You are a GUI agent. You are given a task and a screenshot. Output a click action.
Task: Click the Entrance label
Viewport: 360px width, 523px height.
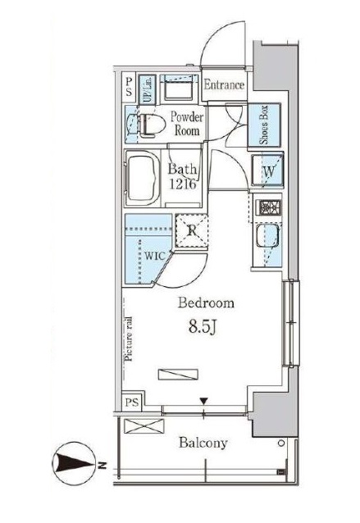click(x=224, y=84)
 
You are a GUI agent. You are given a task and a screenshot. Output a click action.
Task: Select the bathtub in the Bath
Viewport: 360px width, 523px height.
click(x=143, y=179)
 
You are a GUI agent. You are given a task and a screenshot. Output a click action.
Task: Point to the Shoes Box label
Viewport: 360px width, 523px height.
click(x=265, y=125)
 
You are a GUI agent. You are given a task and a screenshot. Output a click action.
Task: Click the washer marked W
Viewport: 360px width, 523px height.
click(x=267, y=170)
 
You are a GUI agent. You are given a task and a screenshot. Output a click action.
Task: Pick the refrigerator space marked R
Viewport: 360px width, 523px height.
click(x=192, y=230)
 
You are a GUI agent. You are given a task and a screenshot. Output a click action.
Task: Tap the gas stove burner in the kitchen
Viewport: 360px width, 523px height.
click(x=269, y=207)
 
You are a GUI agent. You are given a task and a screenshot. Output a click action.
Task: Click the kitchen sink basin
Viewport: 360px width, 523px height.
click(x=267, y=236)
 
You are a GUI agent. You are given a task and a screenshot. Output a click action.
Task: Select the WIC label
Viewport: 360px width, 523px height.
click(x=155, y=256)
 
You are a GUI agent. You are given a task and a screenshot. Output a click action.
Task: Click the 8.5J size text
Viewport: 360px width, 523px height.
click(x=203, y=327)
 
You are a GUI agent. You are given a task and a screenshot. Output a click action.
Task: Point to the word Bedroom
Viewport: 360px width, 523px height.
click(x=206, y=302)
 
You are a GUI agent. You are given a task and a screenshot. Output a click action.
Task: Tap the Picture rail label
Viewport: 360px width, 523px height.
click(x=129, y=339)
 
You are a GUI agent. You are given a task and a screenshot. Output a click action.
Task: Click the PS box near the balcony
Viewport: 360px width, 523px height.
click(x=132, y=402)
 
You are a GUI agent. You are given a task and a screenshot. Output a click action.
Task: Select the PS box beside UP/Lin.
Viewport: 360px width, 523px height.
click(x=129, y=86)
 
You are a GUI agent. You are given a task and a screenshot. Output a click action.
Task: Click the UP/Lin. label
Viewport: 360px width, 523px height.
click(x=147, y=89)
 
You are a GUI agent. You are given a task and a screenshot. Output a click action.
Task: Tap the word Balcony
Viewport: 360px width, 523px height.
click(x=203, y=443)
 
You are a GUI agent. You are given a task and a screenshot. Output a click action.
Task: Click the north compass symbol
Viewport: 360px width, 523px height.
click(x=74, y=463)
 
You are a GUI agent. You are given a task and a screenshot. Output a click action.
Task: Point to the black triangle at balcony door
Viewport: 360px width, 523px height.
click(x=204, y=401)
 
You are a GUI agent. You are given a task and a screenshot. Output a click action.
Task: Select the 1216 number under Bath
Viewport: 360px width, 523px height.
click(x=183, y=184)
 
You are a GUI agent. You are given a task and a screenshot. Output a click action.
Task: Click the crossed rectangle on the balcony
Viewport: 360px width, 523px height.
click(x=144, y=426)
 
